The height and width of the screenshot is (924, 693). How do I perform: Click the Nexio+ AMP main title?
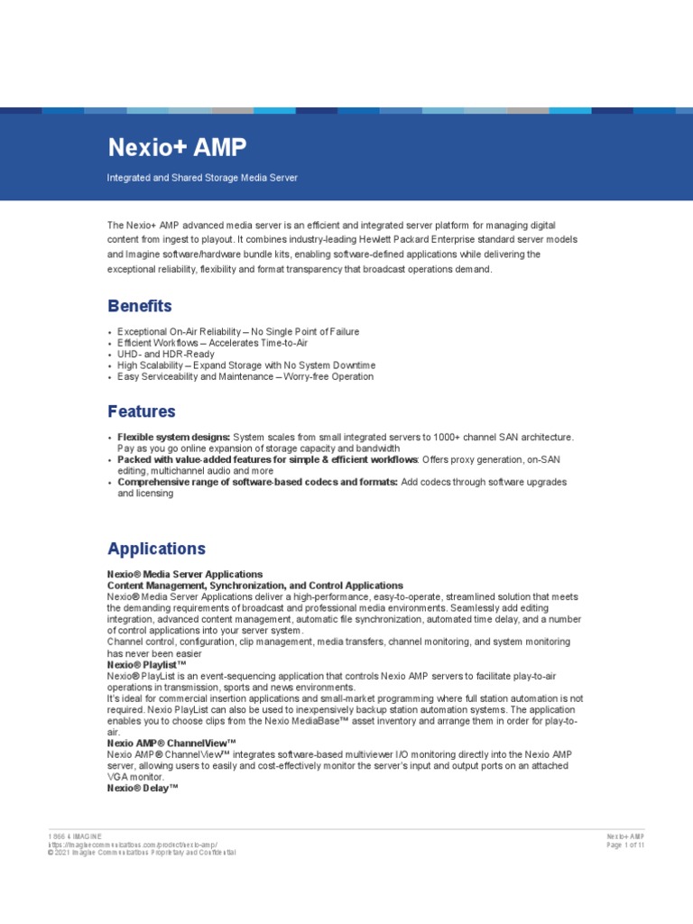pos(176,147)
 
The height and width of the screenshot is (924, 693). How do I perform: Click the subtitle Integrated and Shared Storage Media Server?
pos(202,178)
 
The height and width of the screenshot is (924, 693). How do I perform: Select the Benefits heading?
pos(139,306)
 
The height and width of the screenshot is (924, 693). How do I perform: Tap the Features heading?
pos(142,411)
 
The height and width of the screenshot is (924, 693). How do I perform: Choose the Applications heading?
pos(156,549)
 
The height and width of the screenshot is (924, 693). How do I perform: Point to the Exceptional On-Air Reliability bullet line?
pos(237,332)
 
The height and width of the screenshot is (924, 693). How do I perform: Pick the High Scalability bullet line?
pos(245,365)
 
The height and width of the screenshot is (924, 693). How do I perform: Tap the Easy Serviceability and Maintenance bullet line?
pos(245,376)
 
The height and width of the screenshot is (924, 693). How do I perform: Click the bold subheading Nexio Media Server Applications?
pos(185,574)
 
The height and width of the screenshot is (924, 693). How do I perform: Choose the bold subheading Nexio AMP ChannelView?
pos(171,743)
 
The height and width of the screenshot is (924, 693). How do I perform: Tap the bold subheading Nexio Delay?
pos(143,788)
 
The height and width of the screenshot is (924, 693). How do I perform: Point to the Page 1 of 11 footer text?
pos(625,845)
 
